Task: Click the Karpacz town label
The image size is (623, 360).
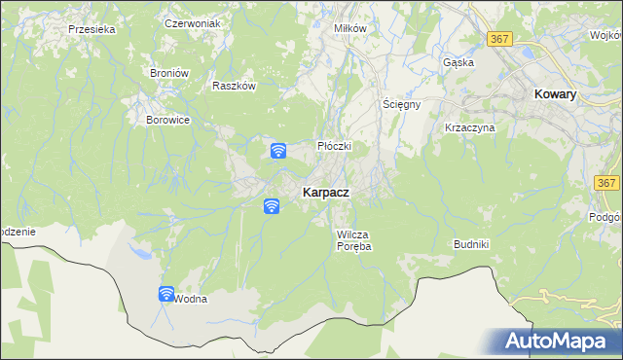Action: tap(326, 193)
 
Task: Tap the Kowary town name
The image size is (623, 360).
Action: tap(556, 94)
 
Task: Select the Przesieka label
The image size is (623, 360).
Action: tap(92, 29)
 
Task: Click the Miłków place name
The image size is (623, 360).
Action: tap(349, 28)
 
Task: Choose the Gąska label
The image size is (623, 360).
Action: tap(458, 61)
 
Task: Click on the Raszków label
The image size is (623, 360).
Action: tap(233, 85)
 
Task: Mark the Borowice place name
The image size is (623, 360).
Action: tap(167, 120)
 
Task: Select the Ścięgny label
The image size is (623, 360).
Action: tap(400, 104)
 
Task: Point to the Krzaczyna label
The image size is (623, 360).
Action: tap(470, 127)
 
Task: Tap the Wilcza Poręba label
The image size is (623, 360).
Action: tap(354, 240)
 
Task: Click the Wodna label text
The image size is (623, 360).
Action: tap(192, 299)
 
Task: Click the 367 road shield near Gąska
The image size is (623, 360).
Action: tap(500, 38)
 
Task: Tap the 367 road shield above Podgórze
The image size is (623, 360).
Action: tap(607, 183)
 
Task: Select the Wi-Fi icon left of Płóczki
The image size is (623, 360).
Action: tap(277, 151)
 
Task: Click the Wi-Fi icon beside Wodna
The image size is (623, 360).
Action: tap(166, 294)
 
